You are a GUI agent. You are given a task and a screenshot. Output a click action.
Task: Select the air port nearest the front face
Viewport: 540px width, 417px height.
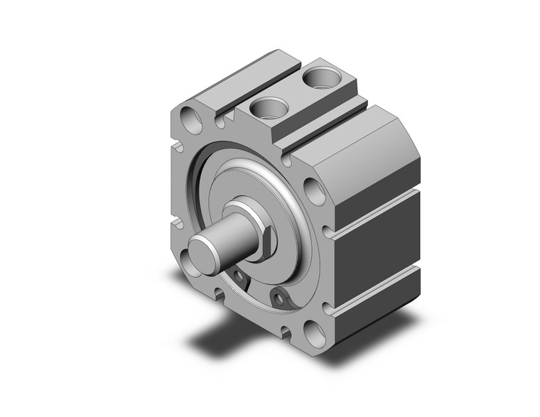(x=268, y=107)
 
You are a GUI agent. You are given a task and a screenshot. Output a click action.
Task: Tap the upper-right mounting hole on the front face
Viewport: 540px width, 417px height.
(x=310, y=190)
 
